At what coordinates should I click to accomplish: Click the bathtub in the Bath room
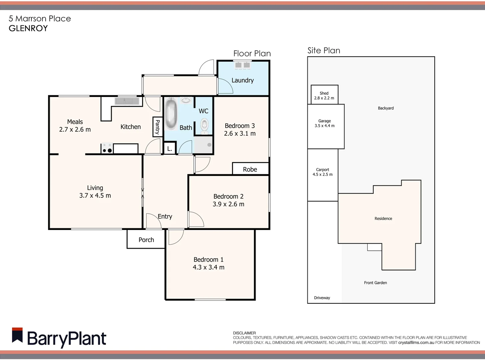tap(171, 114)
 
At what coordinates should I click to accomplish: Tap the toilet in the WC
tap(204, 126)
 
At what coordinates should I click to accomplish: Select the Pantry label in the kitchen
tap(157, 127)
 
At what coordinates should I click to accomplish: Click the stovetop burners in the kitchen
tap(107, 148)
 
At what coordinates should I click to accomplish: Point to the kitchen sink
tap(127, 101)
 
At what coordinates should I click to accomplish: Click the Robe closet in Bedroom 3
tap(250, 169)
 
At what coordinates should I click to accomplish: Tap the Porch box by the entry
tap(146, 240)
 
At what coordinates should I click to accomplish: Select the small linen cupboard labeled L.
tap(169, 149)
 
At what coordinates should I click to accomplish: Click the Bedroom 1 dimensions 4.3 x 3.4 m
tap(208, 267)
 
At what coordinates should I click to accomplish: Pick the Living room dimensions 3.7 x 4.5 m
tap(95, 196)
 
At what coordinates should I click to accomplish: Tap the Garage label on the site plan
tap(324, 121)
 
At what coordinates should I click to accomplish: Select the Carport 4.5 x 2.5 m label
tap(322, 172)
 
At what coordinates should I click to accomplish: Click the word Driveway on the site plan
tap(322, 298)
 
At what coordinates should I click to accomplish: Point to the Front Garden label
tap(375, 283)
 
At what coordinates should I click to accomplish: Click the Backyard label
tap(386, 108)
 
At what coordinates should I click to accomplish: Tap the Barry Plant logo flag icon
tap(17, 335)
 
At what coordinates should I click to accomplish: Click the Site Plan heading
tap(324, 51)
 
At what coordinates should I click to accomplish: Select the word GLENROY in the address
tap(28, 28)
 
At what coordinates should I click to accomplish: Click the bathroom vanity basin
tap(186, 100)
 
